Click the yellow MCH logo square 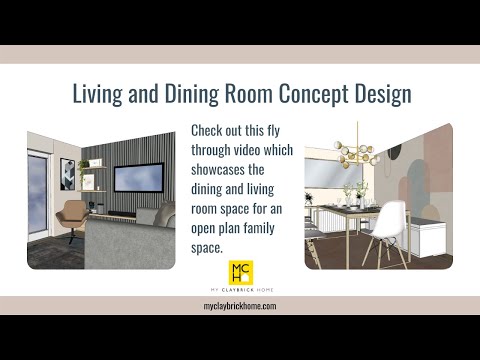tap(240, 273)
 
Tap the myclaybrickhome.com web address tap(240, 306)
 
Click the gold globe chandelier tap(357, 154)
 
